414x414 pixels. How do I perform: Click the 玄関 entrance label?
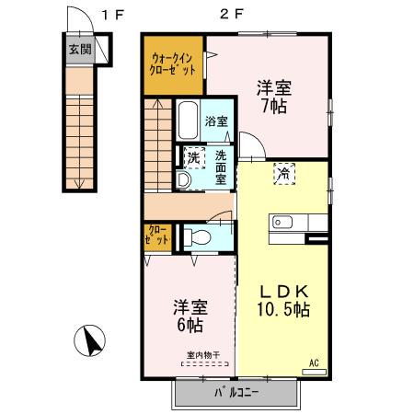pos(79,50)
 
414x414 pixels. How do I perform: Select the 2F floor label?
pos(230,13)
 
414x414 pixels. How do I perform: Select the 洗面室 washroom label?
pos(221,165)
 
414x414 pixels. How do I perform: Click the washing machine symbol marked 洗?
pos(193,157)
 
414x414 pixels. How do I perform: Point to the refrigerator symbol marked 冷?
pos(284,172)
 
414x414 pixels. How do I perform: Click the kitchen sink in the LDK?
pos(282,222)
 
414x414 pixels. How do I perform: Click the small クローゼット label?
pos(157,235)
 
